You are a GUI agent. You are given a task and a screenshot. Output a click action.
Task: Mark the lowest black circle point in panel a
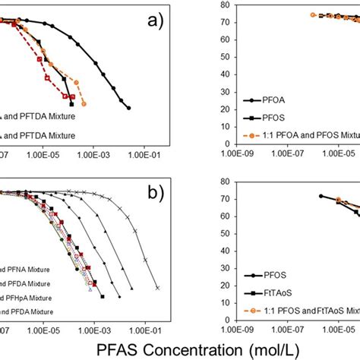point(128,109)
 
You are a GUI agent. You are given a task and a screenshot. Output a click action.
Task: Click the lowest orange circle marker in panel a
point(84,103)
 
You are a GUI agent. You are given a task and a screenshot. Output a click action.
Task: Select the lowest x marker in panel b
point(158,288)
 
